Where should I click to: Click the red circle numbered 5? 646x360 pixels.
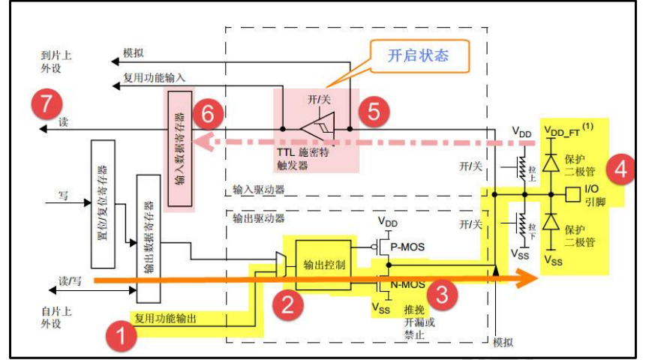point(373,111)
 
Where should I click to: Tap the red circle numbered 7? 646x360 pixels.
point(47,103)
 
